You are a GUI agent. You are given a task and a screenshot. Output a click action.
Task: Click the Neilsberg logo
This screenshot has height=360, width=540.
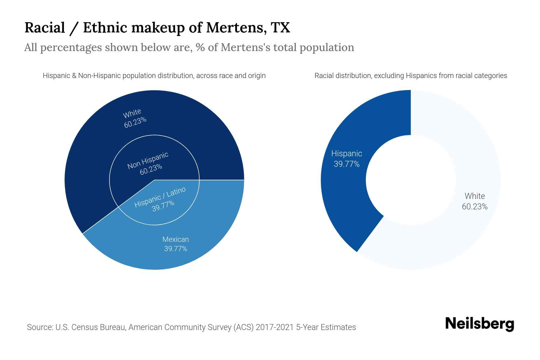[x=479, y=324]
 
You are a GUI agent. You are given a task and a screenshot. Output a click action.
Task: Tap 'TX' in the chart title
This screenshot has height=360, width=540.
[x=280, y=28]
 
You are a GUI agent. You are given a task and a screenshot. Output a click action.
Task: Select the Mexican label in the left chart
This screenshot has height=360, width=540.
[x=175, y=239]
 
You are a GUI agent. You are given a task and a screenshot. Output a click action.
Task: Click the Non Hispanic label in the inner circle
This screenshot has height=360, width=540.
[x=148, y=161]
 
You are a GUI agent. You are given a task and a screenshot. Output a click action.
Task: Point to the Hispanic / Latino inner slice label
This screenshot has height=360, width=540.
[x=160, y=197]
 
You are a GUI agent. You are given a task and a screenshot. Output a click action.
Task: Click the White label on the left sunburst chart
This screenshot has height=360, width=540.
[x=132, y=113]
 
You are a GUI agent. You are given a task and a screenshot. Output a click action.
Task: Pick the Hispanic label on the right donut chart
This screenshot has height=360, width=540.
[x=346, y=154]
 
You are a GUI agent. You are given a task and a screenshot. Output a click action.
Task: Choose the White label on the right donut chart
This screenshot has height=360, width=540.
[x=475, y=196]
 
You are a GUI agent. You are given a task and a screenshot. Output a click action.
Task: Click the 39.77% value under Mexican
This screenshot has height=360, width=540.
[x=175, y=249]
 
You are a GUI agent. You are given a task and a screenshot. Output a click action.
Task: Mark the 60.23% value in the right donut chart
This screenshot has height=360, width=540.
[x=475, y=207]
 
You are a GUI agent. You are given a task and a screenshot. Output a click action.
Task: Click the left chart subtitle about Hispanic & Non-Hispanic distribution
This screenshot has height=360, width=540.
[x=154, y=76]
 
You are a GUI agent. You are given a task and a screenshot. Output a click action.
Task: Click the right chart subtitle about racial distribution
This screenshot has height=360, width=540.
[x=411, y=76]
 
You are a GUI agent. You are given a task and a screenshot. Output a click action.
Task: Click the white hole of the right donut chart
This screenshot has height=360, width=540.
[x=411, y=180]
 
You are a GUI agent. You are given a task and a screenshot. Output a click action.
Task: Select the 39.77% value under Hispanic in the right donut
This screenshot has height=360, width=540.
[x=346, y=164]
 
